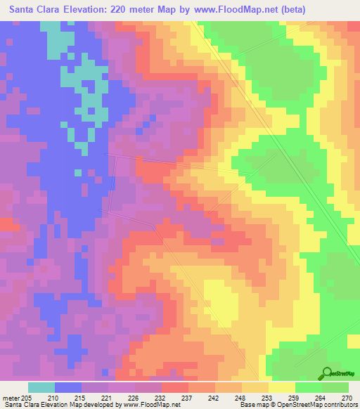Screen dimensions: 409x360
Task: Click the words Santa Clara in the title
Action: click(34, 10)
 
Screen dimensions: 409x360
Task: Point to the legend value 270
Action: click(345, 398)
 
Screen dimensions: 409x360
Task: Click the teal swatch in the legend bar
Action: click(41, 388)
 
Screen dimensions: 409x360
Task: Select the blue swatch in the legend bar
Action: click(67, 388)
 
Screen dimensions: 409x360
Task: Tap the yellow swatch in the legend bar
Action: click(281, 388)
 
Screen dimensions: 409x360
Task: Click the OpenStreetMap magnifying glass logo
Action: click(326, 373)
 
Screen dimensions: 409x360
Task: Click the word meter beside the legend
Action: click(10, 398)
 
